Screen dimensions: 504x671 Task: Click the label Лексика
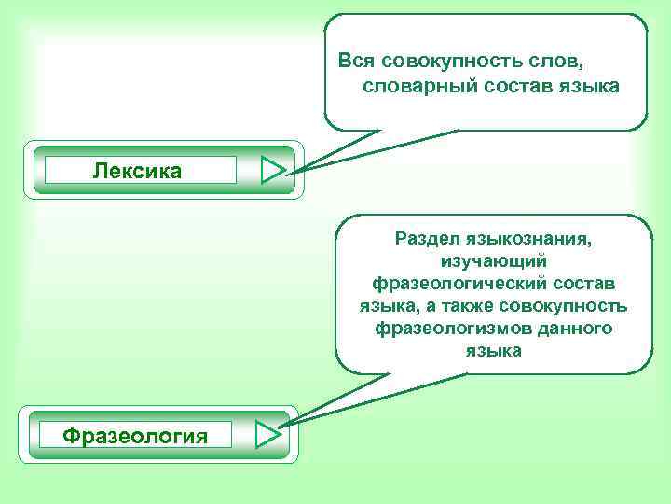[x=138, y=171]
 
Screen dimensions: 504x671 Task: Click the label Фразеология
[x=135, y=435]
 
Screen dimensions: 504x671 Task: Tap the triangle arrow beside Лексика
[x=272, y=171]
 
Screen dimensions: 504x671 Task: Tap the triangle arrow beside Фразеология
[x=267, y=435]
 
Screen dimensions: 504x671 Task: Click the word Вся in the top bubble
[x=355, y=61]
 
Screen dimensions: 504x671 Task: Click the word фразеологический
[x=451, y=284]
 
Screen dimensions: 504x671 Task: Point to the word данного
[x=575, y=329]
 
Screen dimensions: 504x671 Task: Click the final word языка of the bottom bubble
[x=493, y=351]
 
